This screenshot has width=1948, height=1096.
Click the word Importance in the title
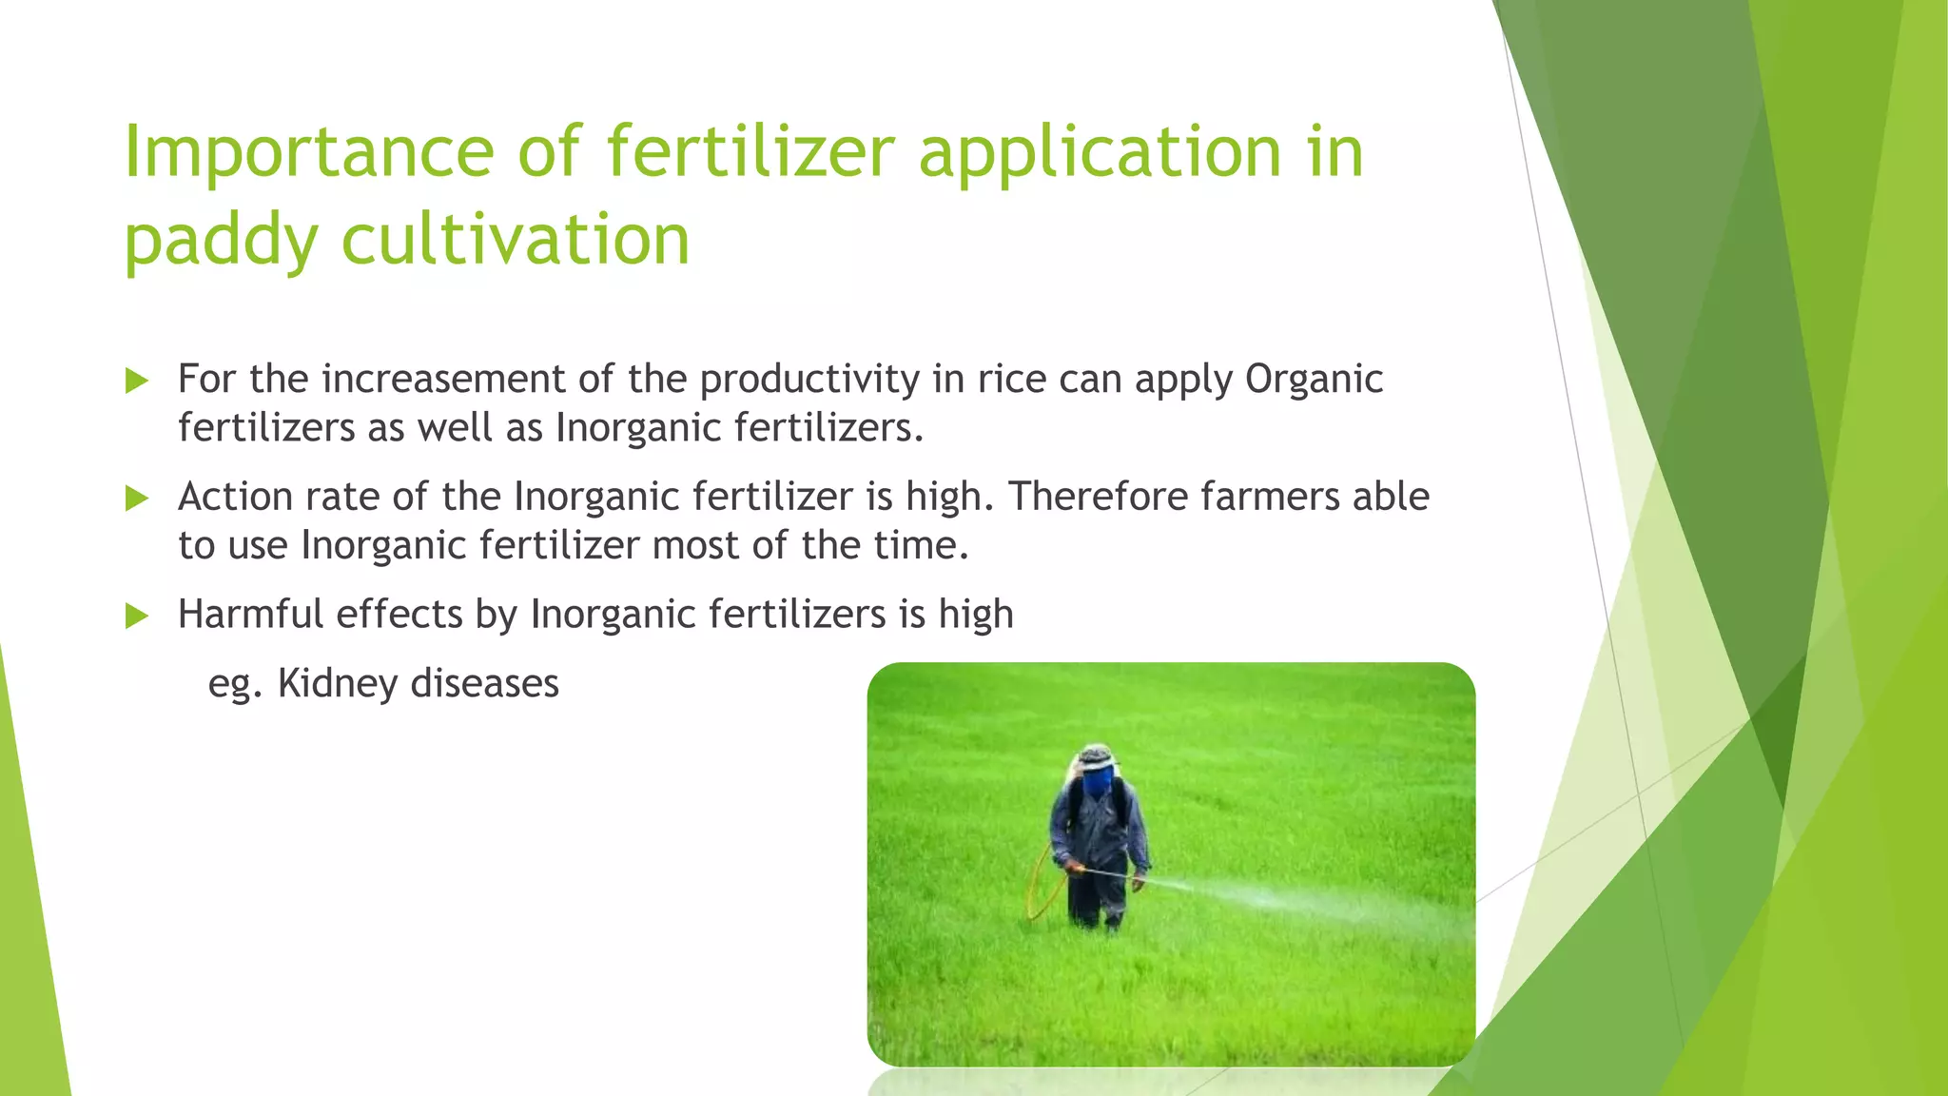(308, 152)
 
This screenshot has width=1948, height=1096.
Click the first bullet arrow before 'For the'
(137, 382)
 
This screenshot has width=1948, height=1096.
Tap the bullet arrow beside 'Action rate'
(137, 499)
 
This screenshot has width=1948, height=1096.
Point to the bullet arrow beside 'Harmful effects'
(137, 616)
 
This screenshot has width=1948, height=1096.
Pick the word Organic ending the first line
(1314, 380)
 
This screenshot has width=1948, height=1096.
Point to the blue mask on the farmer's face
(1098, 783)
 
